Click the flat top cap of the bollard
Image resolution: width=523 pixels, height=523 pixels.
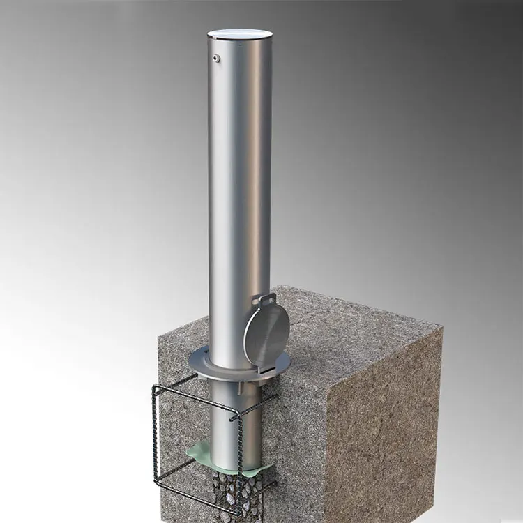click(x=240, y=33)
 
